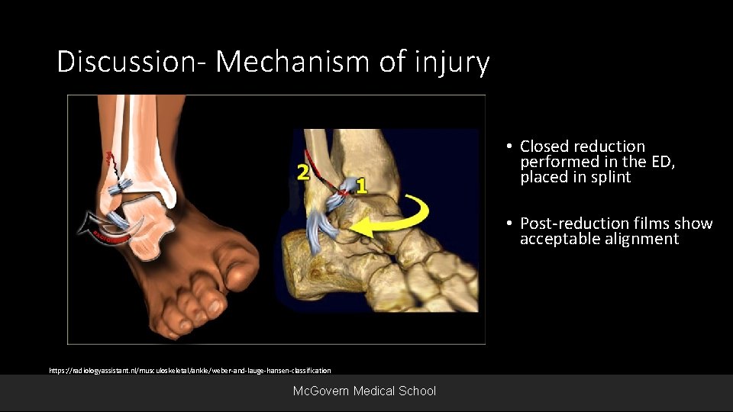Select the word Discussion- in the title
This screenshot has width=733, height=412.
click(x=133, y=62)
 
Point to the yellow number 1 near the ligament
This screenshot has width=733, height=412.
click(x=361, y=185)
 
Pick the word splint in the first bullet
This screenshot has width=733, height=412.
click(x=611, y=177)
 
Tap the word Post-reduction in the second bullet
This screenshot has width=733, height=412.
click(x=575, y=224)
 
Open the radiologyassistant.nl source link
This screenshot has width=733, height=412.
click(x=190, y=370)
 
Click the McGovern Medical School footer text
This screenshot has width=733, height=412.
click(x=365, y=391)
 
